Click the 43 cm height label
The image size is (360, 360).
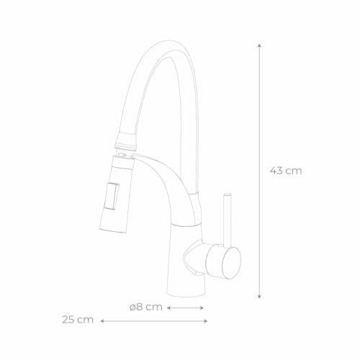point(286,171)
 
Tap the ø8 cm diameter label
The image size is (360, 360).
point(146,307)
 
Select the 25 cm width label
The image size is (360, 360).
point(78,320)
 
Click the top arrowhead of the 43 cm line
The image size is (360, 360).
point(259,46)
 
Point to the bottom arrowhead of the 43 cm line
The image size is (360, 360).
point(259,297)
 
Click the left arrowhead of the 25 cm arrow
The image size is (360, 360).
point(102,321)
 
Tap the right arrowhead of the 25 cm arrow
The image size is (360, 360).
point(206,321)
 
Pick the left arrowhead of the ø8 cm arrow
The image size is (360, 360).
point(168,308)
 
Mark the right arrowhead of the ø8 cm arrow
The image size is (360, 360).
point(202,308)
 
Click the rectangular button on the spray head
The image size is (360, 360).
point(112,197)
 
